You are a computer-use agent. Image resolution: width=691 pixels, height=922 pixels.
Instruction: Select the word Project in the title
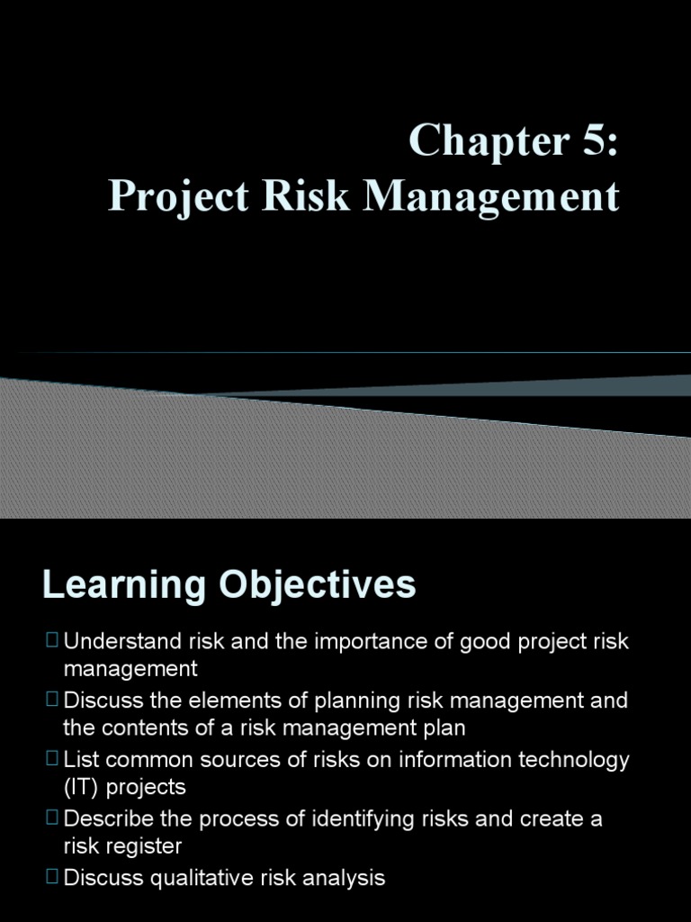click(179, 196)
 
